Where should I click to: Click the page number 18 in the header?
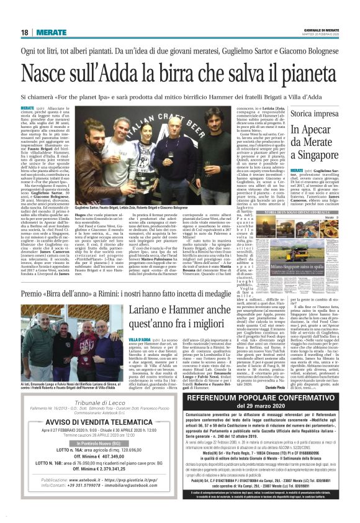pyautogui.click(x=24, y=32)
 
